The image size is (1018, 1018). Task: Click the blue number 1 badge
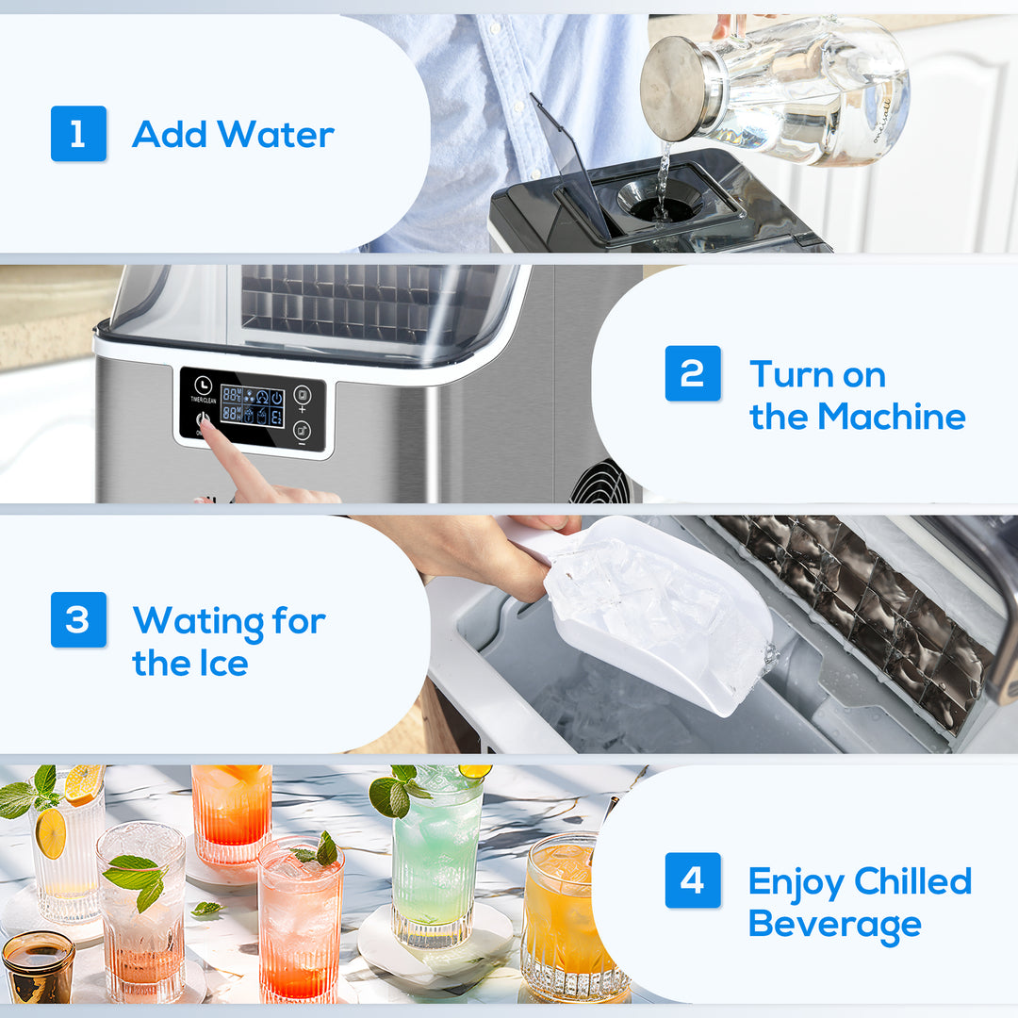(x=78, y=134)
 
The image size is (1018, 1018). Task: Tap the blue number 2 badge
(x=693, y=373)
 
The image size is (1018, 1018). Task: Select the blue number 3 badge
(x=78, y=619)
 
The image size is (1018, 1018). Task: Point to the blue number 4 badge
(x=693, y=880)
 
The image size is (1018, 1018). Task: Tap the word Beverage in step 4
(x=834, y=925)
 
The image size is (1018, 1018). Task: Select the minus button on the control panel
(x=302, y=432)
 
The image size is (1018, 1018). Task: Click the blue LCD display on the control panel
(x=252, y=405)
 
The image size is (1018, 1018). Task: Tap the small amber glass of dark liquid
(x=38, y=966)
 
